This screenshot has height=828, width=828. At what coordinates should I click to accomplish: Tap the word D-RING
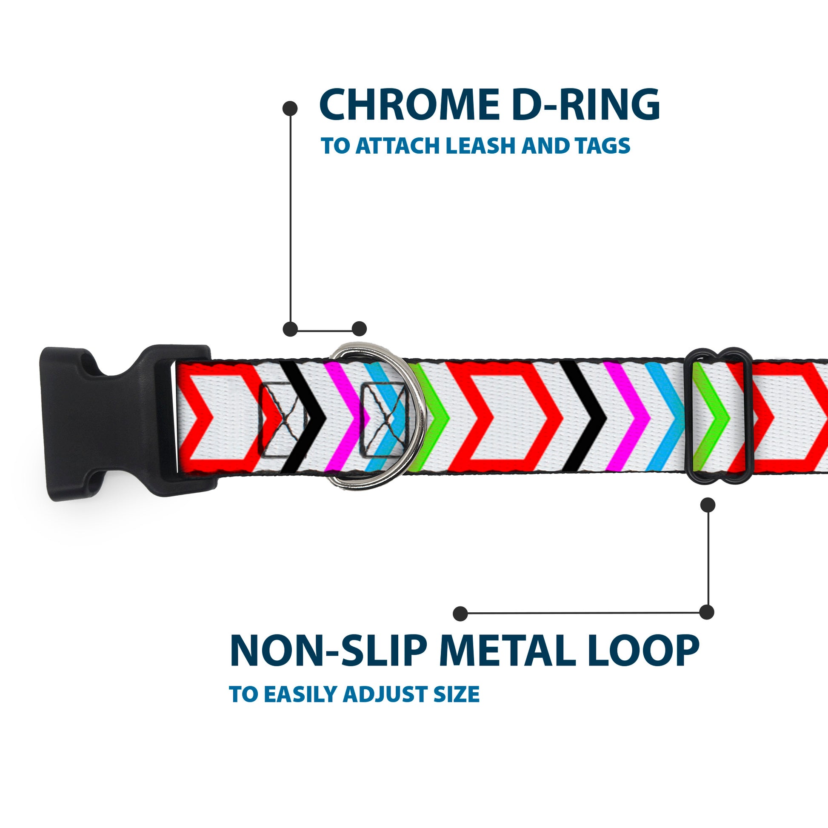[x=585, y=106]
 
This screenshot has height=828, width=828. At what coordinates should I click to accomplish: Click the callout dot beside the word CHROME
[x=290, y=108]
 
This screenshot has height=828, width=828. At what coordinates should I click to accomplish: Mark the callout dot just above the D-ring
[x=359, y=329]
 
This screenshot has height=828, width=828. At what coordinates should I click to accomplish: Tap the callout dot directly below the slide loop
[x=708, y=505]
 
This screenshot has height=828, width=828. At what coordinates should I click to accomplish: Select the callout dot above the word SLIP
[x=460, y=613]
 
